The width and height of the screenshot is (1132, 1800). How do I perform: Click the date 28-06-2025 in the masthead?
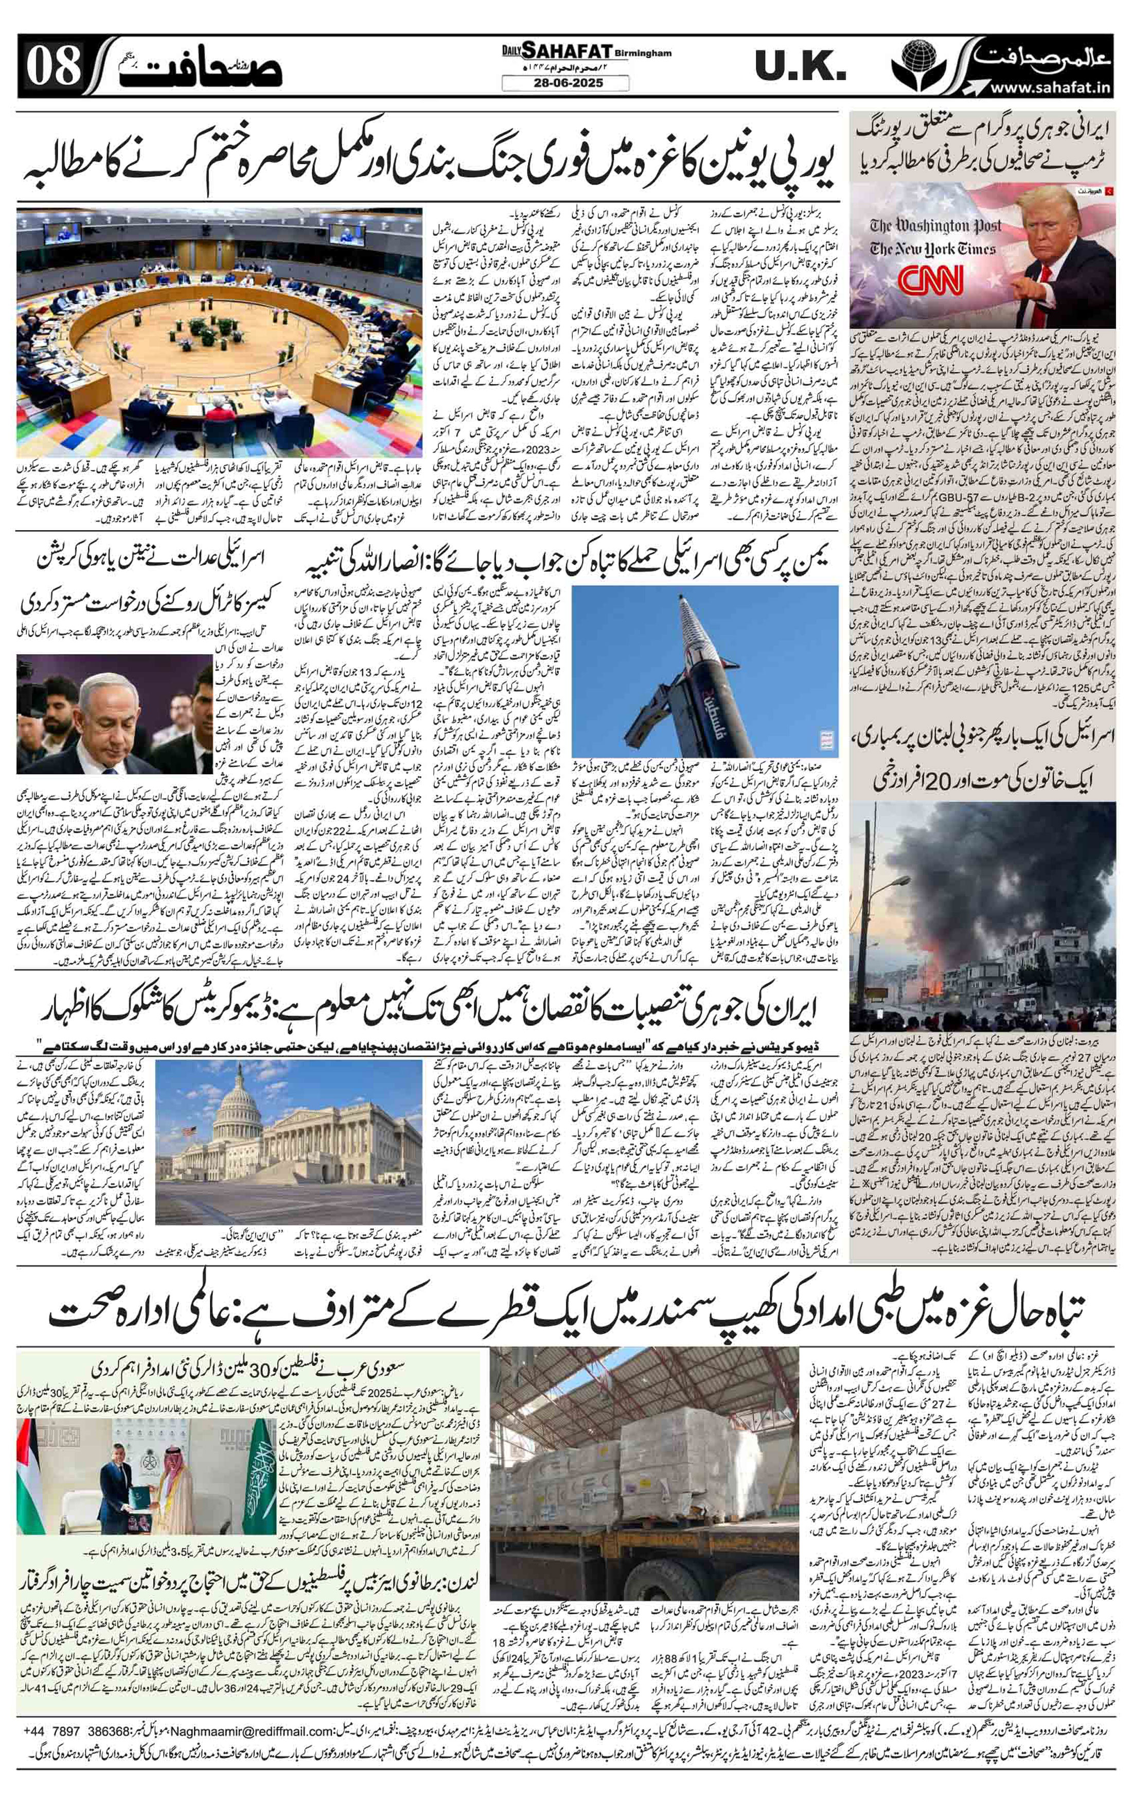pos(565,83)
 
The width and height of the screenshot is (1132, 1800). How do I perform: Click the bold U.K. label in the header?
pos(800,69)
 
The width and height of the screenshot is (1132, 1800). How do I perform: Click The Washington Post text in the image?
pos(937,226)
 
